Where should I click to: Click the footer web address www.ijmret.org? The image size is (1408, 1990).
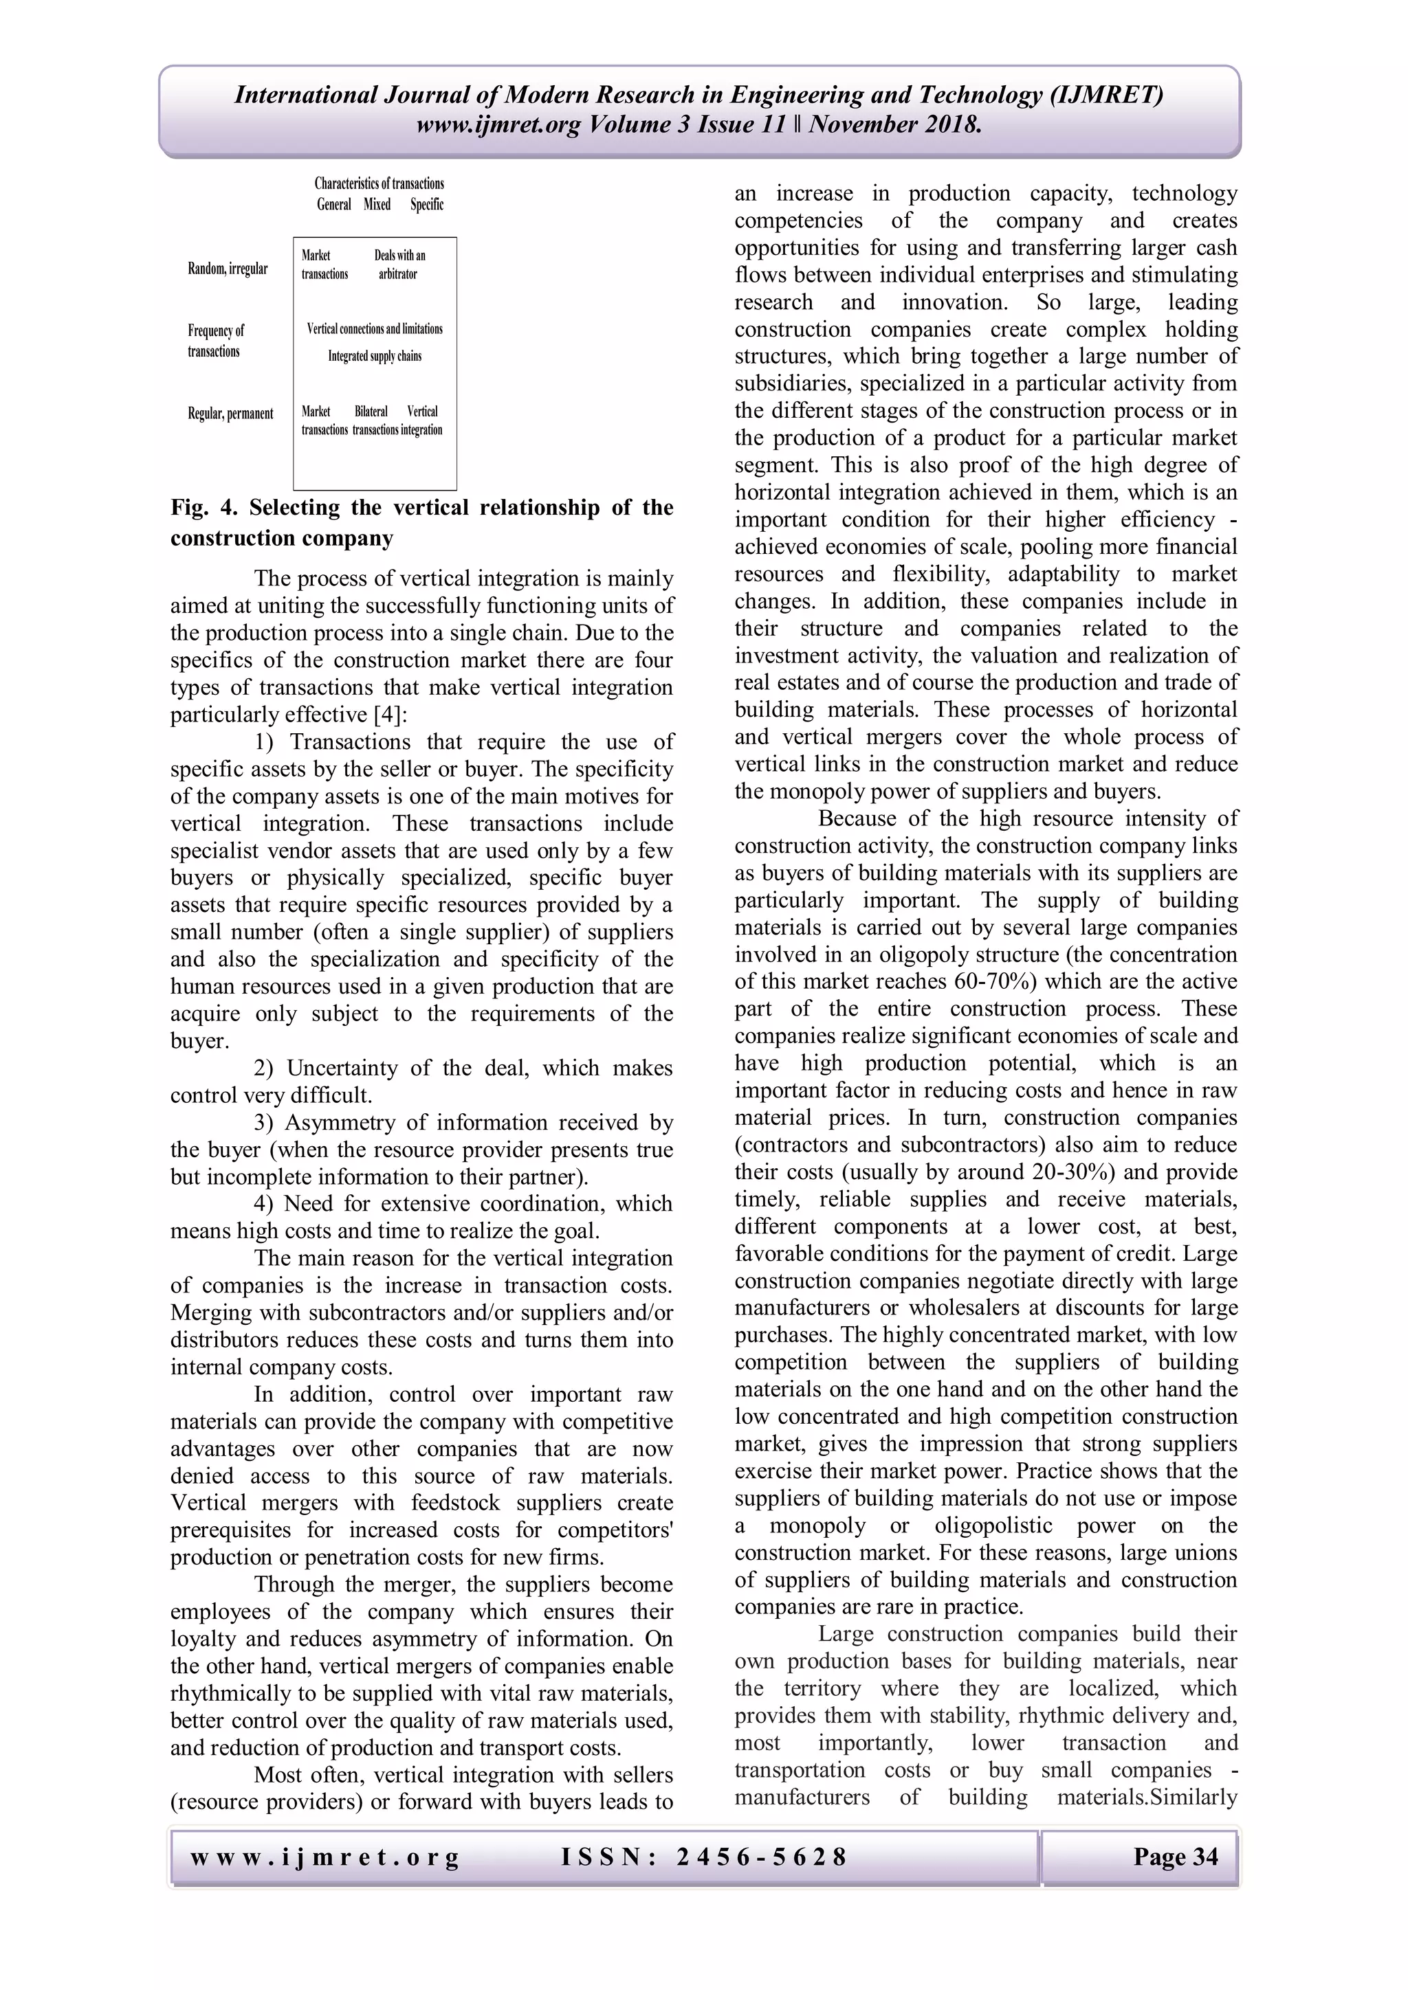324,1857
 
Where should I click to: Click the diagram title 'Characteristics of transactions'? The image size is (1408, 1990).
379,183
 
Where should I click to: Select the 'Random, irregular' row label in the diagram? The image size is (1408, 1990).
227,269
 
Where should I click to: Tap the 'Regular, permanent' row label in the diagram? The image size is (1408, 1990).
230,414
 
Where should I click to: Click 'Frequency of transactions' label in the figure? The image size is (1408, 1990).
215,341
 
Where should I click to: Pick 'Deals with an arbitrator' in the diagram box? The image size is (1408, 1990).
399,265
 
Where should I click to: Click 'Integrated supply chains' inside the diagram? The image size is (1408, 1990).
375,356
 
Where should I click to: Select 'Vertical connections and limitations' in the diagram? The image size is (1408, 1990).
375,329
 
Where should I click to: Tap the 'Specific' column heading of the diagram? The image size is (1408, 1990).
426,205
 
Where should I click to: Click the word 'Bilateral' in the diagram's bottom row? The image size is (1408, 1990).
371,412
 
